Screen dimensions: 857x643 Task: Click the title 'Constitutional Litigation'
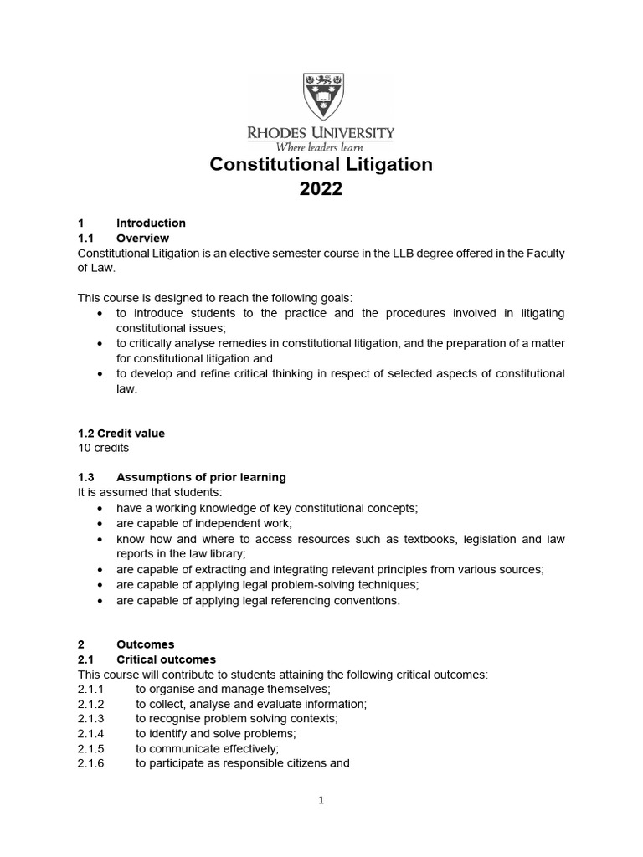[321, 165]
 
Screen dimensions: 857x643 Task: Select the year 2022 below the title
[321, 190]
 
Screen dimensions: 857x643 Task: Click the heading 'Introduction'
[151, 223]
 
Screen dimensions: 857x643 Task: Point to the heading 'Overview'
[142, 239]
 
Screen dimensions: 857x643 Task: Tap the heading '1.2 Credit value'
[121, 434]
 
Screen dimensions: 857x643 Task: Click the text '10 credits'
[103, 448]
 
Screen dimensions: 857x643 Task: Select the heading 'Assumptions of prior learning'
[201, 477]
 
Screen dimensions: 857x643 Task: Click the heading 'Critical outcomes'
[166, 659]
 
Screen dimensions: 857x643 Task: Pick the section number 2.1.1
[90, 689]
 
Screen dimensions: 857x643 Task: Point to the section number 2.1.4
[90, 733]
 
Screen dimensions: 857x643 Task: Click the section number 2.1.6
[90, 763]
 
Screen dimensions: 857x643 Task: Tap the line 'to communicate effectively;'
[207, 748]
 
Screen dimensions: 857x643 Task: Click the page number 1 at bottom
[321, 800]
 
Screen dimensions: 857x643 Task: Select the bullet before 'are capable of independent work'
[100, 524]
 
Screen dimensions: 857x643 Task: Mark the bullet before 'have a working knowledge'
[100, 509]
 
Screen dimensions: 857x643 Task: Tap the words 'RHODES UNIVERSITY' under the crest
[321, 132]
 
